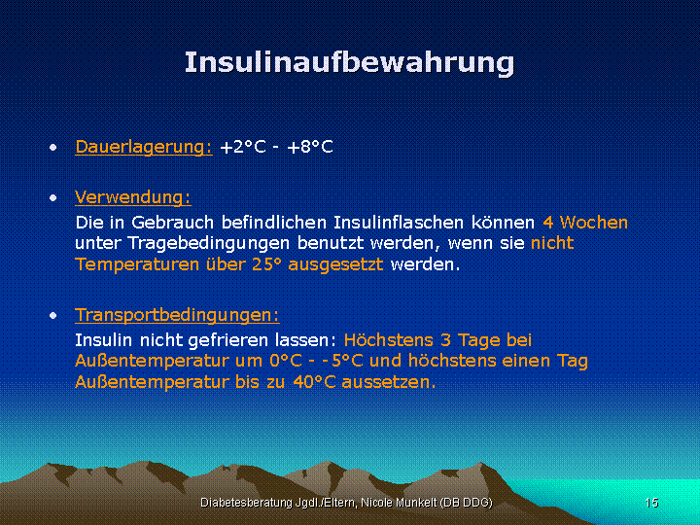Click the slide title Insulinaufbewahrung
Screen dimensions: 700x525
pyautogui.click(x=350, y=63)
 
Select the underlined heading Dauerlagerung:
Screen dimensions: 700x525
pyautogui.click(x=144, y=147)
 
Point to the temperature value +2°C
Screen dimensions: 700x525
pyautogui.click(x=243, y=147)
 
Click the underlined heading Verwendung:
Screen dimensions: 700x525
pyautogui.click(x=133, y=197)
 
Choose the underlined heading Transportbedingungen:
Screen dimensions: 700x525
pyautogui.click(x=177, y=315)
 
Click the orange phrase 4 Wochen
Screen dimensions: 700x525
pyautogui.click(x=585, y=223)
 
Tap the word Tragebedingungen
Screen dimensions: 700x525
pyautogui.click(x=208, y=244)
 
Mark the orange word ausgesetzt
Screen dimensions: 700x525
pyautogui.click(x=335, y=264)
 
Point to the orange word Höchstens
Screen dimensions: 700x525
pyautogui.click(x=388, y=340)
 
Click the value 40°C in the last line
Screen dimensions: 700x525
pyautogui.click(x=314, y=382)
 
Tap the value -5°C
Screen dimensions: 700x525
pyautogui.click(x=342, y=361)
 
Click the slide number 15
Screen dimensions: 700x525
pyautogui.click(x=651, y=503)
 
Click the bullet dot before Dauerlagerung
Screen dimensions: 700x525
pyautogui.click(x=53, y=148)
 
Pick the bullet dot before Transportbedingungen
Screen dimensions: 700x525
pyautogui.click(x=53, y=316)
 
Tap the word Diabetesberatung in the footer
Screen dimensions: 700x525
pyautogui.click(x=246, y=503)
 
